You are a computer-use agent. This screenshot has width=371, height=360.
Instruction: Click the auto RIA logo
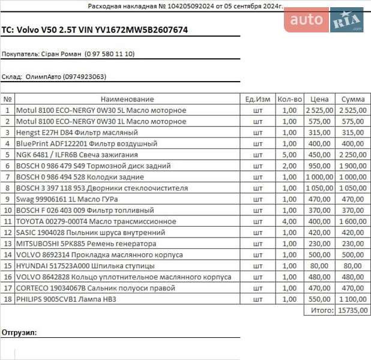(x=324, y=20)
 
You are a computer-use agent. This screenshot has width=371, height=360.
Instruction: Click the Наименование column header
(x=127, y=99)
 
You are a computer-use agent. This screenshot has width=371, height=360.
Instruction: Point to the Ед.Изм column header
(x=258, y=99)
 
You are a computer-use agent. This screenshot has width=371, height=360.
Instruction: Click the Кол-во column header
(x=289, y=99)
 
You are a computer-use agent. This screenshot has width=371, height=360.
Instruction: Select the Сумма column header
(x=353, y=99)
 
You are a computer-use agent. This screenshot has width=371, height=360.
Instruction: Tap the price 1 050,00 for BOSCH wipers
(x=319, y=188)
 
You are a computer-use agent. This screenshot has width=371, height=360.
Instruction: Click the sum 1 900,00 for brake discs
(x=352, y=166)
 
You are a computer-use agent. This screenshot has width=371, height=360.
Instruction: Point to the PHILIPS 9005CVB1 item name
(x=65, y=299)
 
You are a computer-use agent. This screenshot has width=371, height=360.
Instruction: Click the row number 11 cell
(x=8, y=221)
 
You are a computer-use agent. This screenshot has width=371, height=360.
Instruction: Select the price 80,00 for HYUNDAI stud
(x=324, y=266)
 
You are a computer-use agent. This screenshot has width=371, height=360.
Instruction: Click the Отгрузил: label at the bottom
(x=19, y=332)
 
